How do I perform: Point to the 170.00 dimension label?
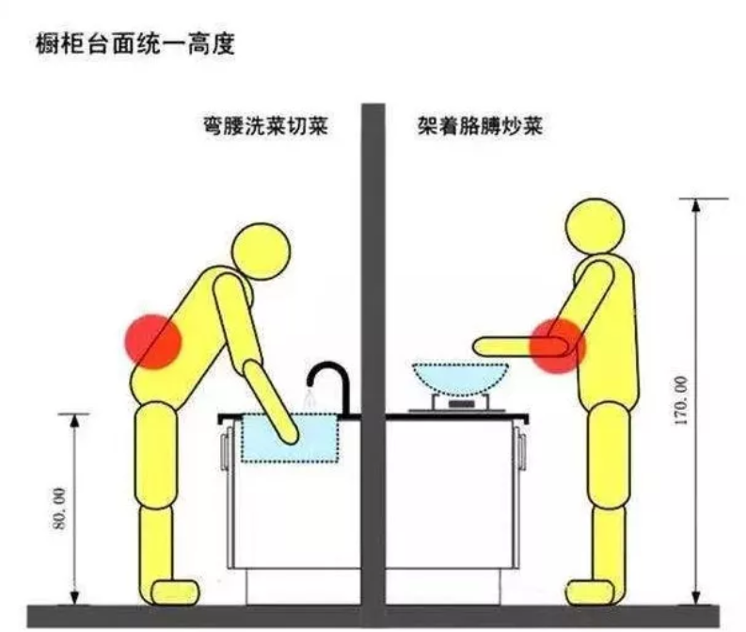tap(680, 400)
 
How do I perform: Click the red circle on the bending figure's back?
tap(152, 339)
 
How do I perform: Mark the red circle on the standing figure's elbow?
tap(557, 346)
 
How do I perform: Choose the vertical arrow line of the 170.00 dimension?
tap(696, 471)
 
